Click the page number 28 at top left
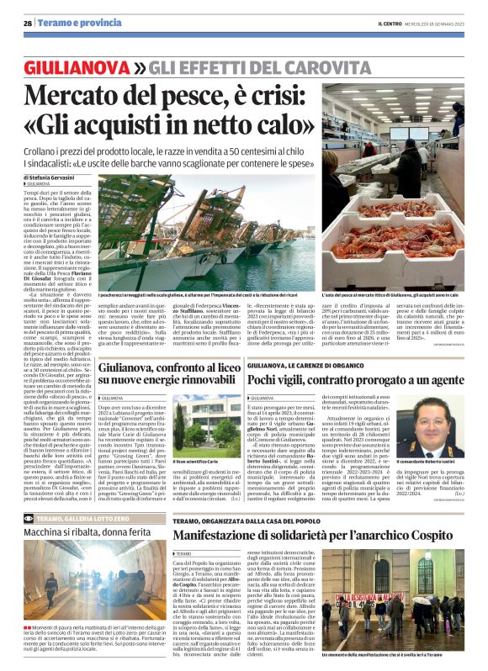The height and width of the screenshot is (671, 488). point(28,24)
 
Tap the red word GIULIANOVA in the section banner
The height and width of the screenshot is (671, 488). point(78,66)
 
